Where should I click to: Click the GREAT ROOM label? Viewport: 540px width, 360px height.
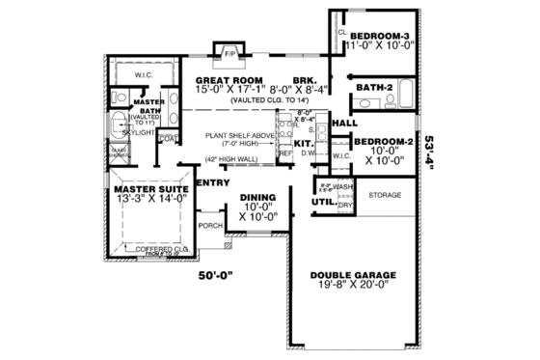point(228,81)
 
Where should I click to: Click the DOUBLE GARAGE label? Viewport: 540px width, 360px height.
point(349,274)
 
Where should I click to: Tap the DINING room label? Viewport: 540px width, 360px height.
point(257,197)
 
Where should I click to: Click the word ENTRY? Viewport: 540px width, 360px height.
point(211,181)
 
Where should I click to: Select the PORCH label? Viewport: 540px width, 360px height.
point(209,227)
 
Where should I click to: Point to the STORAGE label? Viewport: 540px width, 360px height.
point(387,195)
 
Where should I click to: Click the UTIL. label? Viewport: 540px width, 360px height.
point(321,203)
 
